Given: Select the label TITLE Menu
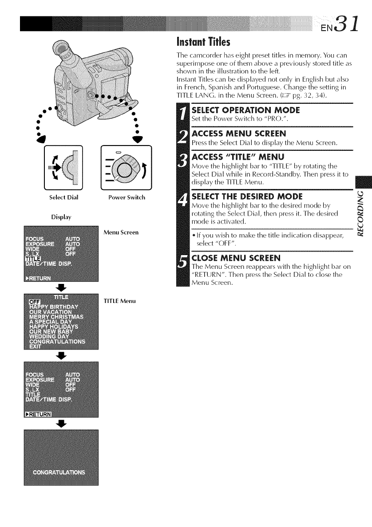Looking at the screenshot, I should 117,301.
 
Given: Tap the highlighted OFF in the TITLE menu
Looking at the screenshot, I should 34,303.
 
